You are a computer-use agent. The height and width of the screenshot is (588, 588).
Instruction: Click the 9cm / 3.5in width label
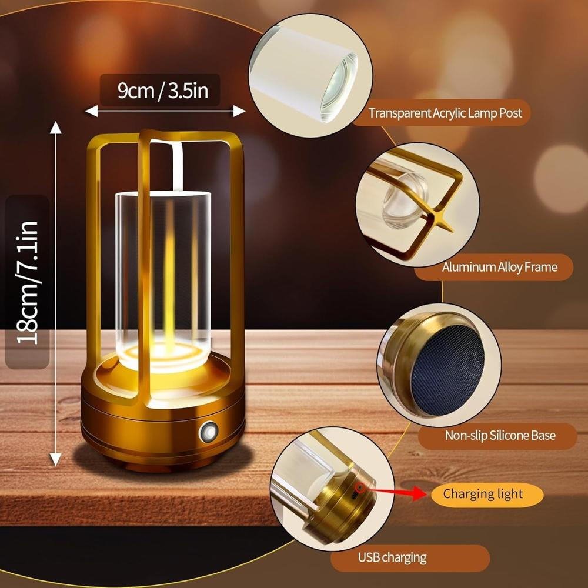click(x=163, y=91)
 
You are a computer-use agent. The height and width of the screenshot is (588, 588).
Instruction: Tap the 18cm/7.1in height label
click(x=27, y=282)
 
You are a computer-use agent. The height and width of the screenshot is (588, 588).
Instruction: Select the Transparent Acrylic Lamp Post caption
click(x=445, y=113)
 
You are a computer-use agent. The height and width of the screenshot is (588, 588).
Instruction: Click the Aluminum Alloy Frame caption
click(x=499, y=267)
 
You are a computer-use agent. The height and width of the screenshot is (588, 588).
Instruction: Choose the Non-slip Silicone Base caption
click(x=500, y=435)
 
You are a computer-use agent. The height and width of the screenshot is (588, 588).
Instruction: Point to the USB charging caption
click(x=392, y=557)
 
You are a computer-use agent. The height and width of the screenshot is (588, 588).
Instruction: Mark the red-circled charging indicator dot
click(x=360, y=487)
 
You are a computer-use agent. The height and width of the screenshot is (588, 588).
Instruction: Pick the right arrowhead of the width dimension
click(x=239, y=111)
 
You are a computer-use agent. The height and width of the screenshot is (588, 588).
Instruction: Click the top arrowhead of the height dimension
click(x=55, y=128)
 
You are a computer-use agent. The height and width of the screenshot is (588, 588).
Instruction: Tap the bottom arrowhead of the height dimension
click(x=55, y=459)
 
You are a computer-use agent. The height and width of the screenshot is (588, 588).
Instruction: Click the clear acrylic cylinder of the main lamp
click(x=163, y=278)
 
